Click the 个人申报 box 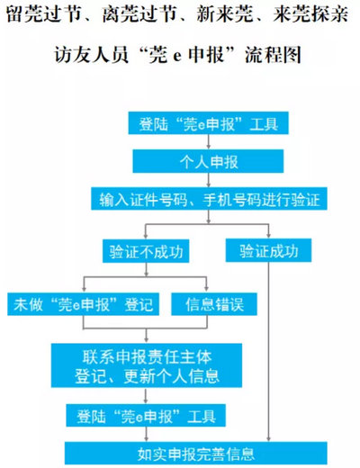[x=208, y=161]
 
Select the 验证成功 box [x=268, y=250]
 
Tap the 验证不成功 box [x=146, y=251]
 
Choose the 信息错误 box [x=214, y=304]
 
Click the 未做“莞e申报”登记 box [x=83, y=304]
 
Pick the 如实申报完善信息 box [x=196, y=453]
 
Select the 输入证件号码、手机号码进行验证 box [x=209, y=199]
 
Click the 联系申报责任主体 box [x=147, y=365]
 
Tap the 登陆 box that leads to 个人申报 [x=208, y=123]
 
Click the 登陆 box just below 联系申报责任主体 [x=146, y=416]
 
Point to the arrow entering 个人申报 [x=208, y=142]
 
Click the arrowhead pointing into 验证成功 [x=268, y=236]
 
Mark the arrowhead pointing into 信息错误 [x=206, y=289]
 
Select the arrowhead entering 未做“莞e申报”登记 [x=84, y=289]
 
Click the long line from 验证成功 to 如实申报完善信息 [x=268, y=352]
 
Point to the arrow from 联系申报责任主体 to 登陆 [x=146, y=396]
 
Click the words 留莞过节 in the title [x=44, y=14]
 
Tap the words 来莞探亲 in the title [x=310, y=14]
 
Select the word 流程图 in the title [x=273, y=55]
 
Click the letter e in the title [x=177, y=57]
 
